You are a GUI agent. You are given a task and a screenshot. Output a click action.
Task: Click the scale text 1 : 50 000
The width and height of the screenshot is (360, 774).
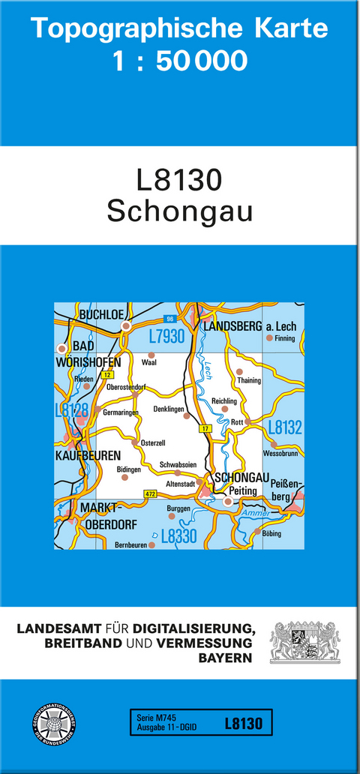[x=179, y=61]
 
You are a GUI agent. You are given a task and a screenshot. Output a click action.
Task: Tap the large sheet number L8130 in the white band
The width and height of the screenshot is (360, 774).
[x=179, y=181]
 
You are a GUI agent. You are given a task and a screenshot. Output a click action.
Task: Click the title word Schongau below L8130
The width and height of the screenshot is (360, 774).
[x=179, y=211]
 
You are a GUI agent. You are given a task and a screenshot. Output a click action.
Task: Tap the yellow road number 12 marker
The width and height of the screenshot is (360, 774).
[x=108, y=374]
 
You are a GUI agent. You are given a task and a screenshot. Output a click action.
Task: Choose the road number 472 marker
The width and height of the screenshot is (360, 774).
[x=150, y=493]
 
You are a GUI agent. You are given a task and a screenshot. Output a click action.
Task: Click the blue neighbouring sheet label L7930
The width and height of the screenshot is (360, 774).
[x=166, y=337]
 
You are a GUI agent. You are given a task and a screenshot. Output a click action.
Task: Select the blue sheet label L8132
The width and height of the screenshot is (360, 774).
[x=285, y=427]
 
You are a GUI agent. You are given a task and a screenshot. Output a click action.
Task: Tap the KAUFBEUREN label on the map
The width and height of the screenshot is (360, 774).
[x=86, y=454]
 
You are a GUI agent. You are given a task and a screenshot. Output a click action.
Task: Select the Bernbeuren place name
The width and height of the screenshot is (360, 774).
[x=130, y=545]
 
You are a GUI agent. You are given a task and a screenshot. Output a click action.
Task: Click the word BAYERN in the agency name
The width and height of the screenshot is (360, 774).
[x=224, y=658]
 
